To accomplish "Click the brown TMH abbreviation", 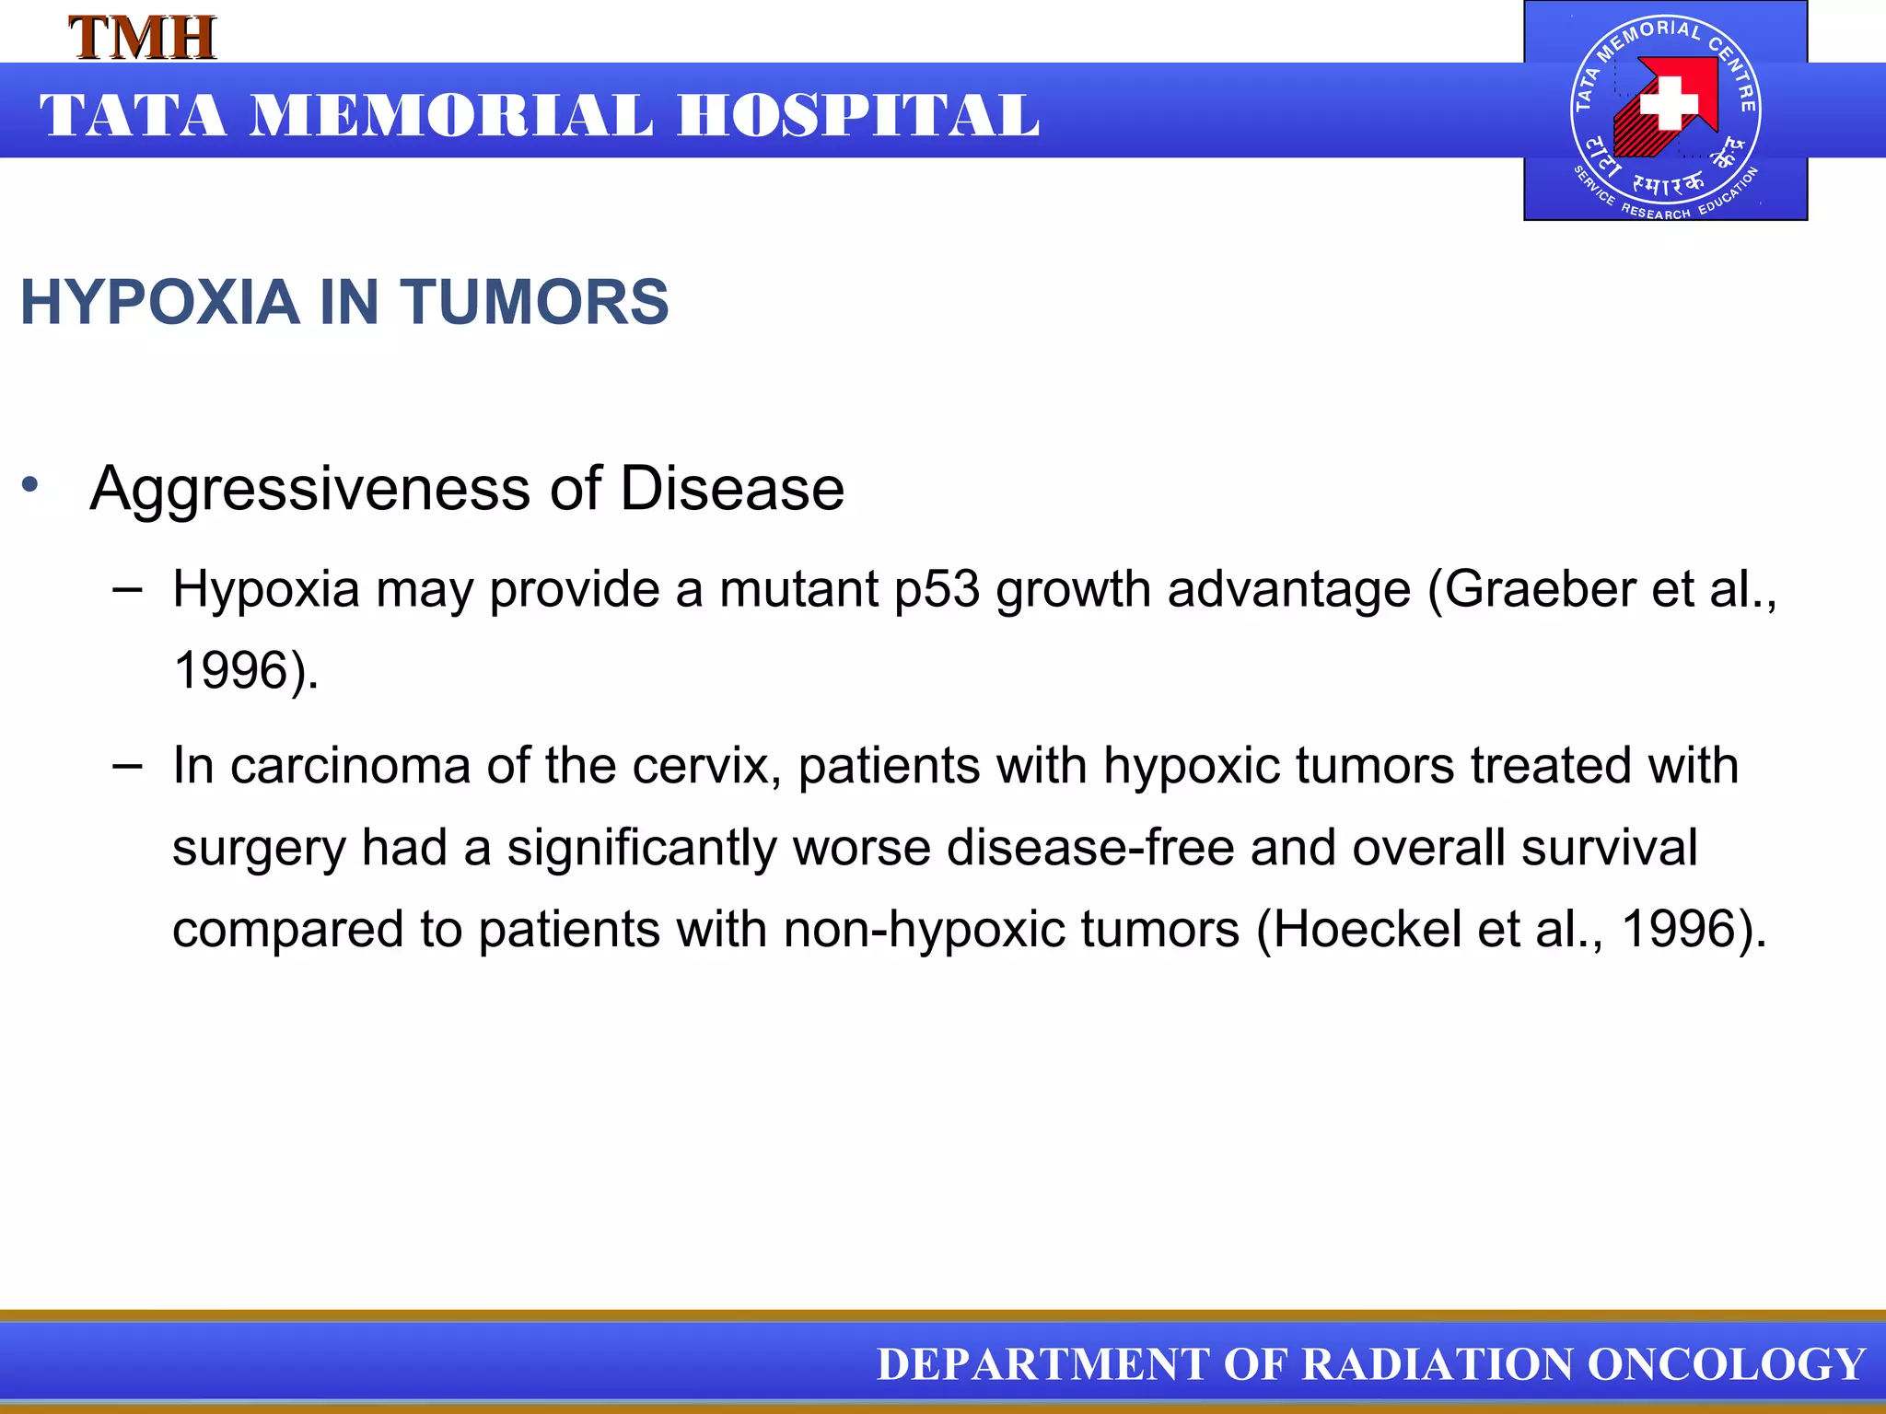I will coord(143,39).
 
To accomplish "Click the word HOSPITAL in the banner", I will coord(858,117).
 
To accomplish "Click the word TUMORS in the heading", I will coord(534,303).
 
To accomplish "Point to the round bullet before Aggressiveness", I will coord(31,483).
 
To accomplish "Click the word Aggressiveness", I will coord(309,489).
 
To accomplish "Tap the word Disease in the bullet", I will coord(732,489).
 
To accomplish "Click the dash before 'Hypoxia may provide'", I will coord(127,588).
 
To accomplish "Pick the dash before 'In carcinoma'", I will coord(127,764).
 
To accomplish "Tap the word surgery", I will coord(258,849).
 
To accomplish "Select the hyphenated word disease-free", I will coord(1090,848).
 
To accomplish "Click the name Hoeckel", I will coord(1368,929).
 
